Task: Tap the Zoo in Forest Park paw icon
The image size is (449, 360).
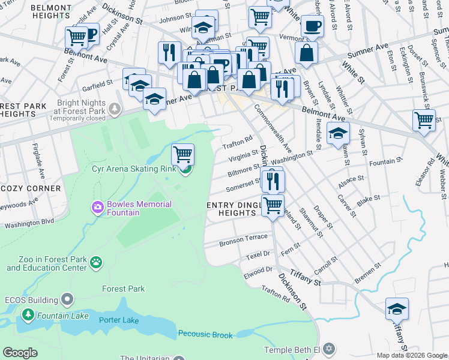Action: point(96,262)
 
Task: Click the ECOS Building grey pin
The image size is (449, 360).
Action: point(68,299)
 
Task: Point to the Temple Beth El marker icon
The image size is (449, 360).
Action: point(327,348)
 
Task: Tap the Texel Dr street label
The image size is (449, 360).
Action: point(259,256)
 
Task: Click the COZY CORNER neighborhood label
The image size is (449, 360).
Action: point(31,188)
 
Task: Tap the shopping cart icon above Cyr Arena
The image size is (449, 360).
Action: point(182,154)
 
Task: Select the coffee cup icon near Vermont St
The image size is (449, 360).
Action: point(312,26)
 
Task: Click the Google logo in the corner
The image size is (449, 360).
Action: point(20,353)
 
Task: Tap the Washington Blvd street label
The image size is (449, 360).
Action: point(29,223)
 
